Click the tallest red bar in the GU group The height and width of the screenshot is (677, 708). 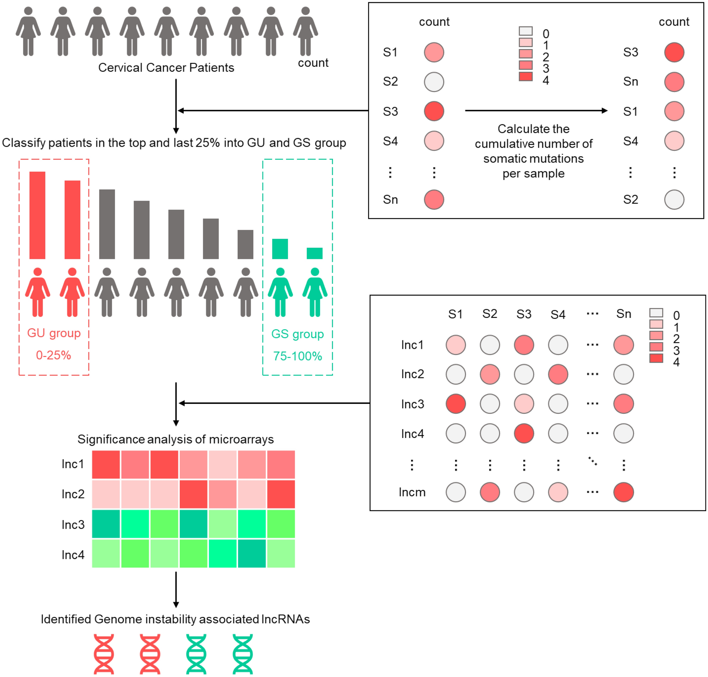pyautogui.click(x=37, y=215)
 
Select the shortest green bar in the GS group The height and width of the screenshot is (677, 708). pyautogui.click(x=314, y=253)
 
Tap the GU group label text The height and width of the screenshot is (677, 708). pyautogui.click(x=54, y=333)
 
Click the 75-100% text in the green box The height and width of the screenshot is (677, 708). pyautogui.click(x=297, y=356)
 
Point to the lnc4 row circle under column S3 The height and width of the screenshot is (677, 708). pyautogui.click(x=524, y=433)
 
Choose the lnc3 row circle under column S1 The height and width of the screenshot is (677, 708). pyautogui.click(x=455, y=404)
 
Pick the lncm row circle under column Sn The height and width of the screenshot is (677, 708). pyautogui.click(x=623, y=492)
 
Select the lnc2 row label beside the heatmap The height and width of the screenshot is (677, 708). pyautogui.click(x=73, y=494)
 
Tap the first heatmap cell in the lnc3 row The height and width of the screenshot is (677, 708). pyautogui.click(x=106, y=524)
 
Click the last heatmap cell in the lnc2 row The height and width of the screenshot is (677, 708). pyautogui.click(x=281, y=494)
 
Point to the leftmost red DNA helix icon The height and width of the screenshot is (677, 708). pyautogui.click(x=104, y=654)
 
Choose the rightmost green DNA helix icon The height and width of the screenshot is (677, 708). pyautogui.click(x=243, y=654)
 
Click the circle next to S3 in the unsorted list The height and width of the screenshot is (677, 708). pyautogui.click(x=434, y=111)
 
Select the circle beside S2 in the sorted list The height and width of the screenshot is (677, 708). pyautogui.click(x=674, y=200)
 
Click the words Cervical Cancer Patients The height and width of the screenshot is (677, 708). pyautogui.click(x=166, y=68)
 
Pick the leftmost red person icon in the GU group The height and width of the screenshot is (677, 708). pyautogui.click(x=38, y=292)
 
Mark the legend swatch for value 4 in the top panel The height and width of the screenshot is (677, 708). pyautogui.click(x=525, y=77)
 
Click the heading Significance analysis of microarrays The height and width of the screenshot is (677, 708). pyautogui.click(x=175, y=439)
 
